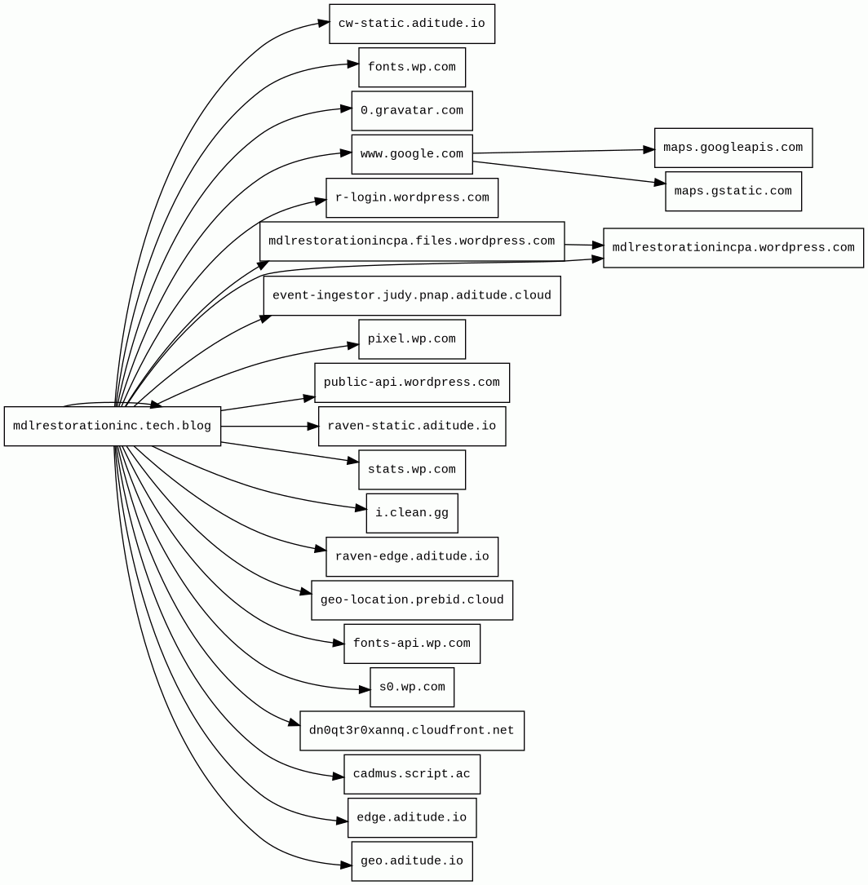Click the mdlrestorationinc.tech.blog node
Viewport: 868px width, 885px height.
click(113, 426)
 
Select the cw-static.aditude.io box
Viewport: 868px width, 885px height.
click(412, 24)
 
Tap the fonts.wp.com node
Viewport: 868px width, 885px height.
click(412, 67)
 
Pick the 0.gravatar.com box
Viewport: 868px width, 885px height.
click(412, 111)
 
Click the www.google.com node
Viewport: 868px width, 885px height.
click(412, 154)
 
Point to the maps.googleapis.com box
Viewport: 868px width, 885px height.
click(733, 148)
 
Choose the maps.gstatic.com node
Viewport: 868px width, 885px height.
click(733, 191)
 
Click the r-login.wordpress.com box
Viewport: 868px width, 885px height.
click(412, 197)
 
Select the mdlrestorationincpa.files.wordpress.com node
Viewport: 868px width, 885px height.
click(412, 241)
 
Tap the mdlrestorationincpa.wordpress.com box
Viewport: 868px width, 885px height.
click(733, 247)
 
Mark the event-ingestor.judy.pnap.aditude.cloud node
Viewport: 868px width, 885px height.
click(412, 295)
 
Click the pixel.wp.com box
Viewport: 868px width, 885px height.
click(412, 339)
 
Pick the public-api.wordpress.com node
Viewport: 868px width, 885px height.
click(412, 383)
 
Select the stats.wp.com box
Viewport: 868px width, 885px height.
click(412, 469)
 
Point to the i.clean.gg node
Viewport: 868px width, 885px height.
click(412, 513)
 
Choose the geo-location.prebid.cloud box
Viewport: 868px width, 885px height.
click(412, 600)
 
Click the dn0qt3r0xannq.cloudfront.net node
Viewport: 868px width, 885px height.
click(412, 730)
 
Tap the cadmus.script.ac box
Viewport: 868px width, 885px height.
click(412, 774)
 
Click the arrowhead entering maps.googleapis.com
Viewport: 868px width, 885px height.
click(649, 150)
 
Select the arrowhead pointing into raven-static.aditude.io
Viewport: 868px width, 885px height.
click(313, 426)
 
